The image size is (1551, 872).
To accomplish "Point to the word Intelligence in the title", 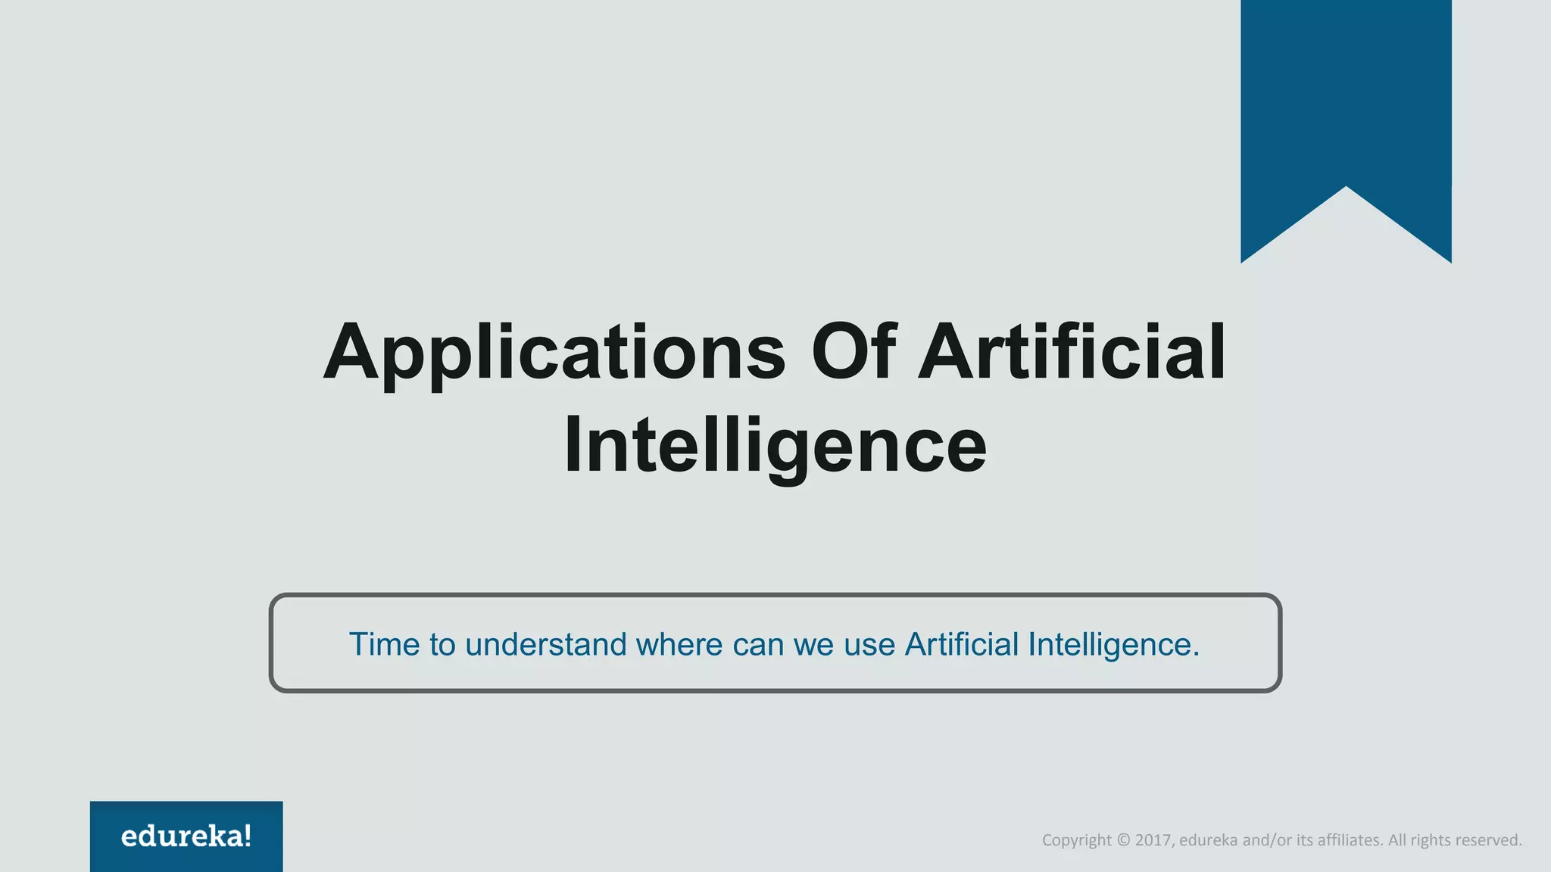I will [x=775, y=446].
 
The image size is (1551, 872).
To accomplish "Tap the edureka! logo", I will [x=186, y=836].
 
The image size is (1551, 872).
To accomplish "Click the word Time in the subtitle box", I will [x=384, y=645].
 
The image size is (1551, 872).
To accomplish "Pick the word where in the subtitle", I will [x=679, y=645].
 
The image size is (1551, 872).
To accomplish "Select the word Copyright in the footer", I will [x=1076, y=840].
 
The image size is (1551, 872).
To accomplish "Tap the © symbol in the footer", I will [x=1123, y=840].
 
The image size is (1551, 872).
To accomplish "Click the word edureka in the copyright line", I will [x=1208, y=840].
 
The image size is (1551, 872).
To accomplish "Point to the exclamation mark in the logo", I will [x=247, y=836].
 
